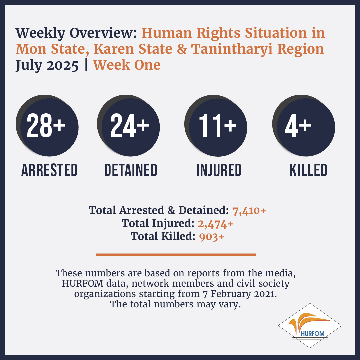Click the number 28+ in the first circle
[x=46, y=125]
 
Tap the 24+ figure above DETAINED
[x=130, y=125]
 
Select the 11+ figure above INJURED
[x=218, y=126]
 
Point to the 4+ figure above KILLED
[x=298, y=126]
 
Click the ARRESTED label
[x=49, y=170]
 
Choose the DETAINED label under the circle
[x=131, y=170]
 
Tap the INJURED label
[x=219, y=170]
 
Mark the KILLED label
[x=308, y=170]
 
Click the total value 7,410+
[x=249, y=211]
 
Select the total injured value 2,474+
[x=216, y=224]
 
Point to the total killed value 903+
[x=211, y=237]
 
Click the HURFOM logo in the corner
[x=309, y=325]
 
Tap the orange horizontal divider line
[x=176, y=255]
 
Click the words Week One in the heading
[x=127, y=65]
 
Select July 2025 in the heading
[x=47, y=65]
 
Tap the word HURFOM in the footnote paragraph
[x=83, y=283]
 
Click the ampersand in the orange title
[x=182, y=49]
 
